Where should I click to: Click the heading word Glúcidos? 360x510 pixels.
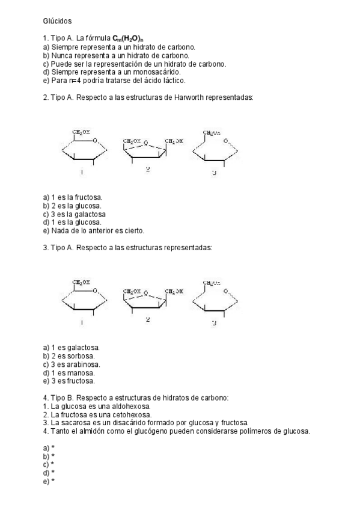(57, 20)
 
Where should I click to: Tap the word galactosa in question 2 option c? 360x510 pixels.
(90, 214)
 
